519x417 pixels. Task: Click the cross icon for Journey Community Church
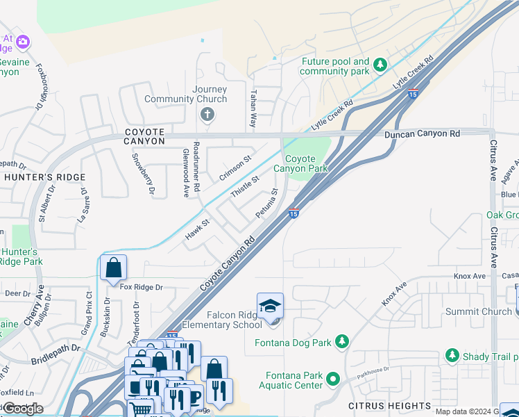tap(206, 115)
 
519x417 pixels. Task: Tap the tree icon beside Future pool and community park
tap(380, 66)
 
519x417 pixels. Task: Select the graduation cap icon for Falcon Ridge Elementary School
tap(270, 306)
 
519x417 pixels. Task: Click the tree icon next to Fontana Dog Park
tap(341, 341)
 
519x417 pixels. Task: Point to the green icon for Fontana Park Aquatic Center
tap(332, 379)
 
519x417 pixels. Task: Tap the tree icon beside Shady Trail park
tap(452, 357)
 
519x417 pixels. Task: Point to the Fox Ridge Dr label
tap(141, 287)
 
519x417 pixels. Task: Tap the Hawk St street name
tap(196, 231)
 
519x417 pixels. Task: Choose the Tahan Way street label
tap(253, 108)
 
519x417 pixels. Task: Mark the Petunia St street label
tap(266, 203)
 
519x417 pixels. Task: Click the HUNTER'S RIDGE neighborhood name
tap(44, 177)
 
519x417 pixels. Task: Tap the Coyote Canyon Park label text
tap(300, 164)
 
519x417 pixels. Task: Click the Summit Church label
tap(478, 311)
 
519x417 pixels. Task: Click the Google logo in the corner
tap(22, 409)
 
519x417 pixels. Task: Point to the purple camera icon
tap(23, 42)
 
